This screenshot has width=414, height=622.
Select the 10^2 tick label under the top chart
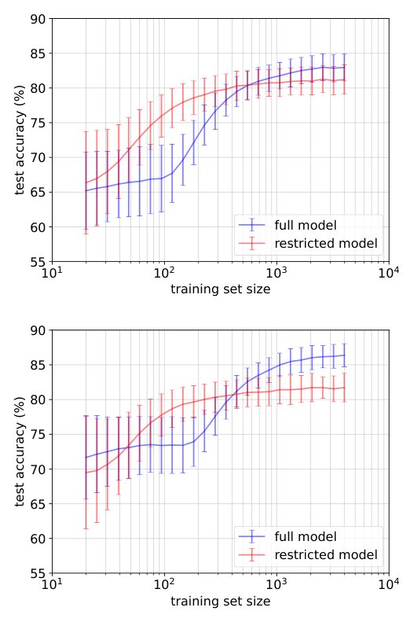click(x=163, y=273)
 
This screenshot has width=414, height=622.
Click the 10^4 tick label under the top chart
click(x=387, y=273)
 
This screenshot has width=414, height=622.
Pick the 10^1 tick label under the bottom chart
click(x=52, y=584)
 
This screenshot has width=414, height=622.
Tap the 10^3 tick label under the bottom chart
click(x=276, y=584)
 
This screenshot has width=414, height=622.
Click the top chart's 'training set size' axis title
click(x=220, y=289)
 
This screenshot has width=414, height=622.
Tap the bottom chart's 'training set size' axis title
click(x=220, y=602)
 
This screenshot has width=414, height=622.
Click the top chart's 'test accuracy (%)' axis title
click(x=18, y=140)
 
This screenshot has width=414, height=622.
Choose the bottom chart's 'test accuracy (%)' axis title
click(x=18, y=451)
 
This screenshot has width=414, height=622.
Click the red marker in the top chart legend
click(x=252, y=244)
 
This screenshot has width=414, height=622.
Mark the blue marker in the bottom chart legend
click(x=252, y=536)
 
